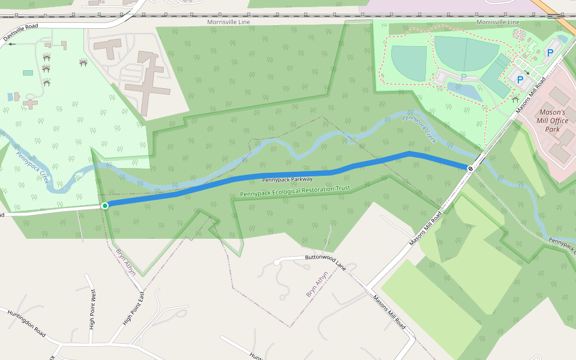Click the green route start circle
pyautogui.click(x=105, y=206)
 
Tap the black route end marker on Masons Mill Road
pyautogui.click(x=470, y=168)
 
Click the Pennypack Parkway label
pyautogui.click(x=287, y=179)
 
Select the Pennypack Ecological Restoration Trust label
pyautogui.click(x=295, y=191)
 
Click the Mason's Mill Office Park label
pyautogui.click(x=552, y=121)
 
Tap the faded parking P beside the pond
pyautogui.click(x=463, y=77)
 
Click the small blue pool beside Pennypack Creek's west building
pyautogui.click(x=10, y=97)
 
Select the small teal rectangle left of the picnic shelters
pyautogui.click(x=28, y=73)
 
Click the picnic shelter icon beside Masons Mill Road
pyautogui.click(x=515, y=98)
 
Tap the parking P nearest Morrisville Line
pyautogui.click(x=550, y=53)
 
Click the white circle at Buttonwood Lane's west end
pyautogui.click(x=277, y=262)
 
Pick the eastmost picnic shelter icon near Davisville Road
pyautogui.click(x=83, y=62)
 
